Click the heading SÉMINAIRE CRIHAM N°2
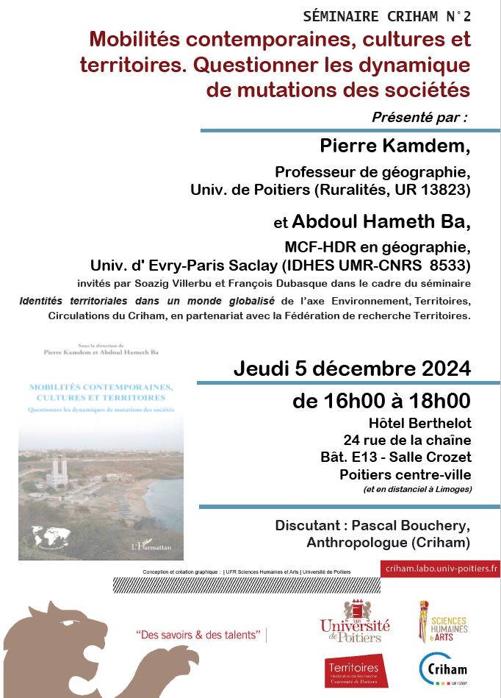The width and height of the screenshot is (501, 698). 386,16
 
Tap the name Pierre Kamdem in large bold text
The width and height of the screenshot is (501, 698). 394,146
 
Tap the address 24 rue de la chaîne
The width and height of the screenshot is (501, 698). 411,440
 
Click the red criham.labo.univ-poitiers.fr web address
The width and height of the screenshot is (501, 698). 440,568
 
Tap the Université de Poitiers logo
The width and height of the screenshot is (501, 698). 355,622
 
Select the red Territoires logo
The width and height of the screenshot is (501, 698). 356,671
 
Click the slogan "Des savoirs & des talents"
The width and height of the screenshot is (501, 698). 199,635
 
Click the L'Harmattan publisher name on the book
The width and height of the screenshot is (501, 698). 154,545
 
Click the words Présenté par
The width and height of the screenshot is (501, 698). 419,117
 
